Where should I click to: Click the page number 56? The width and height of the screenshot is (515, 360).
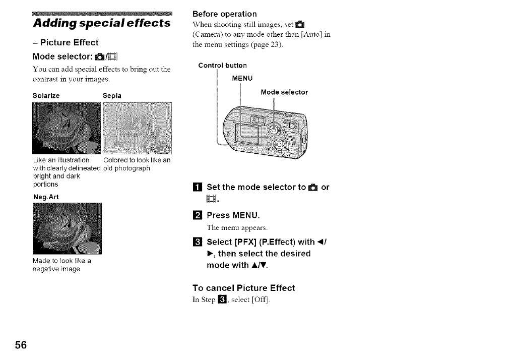tap(21, 345)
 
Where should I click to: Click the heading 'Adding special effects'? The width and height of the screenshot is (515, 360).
tap(101, 23)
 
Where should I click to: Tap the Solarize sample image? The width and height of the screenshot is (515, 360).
tap(66, 128)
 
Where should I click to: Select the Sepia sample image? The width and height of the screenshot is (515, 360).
tap(137, 128)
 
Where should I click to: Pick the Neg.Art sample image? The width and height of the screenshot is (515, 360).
tap(66, 228)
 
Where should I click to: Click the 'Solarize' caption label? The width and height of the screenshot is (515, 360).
tap(46, 95)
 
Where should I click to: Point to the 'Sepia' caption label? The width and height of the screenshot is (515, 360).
tap(111, 95)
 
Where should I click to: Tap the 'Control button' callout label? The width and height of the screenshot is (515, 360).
tap(223, 66)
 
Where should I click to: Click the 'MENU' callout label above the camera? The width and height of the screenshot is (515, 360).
tap(241, 78)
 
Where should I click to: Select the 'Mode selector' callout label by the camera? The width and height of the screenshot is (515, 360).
tap(284, 92)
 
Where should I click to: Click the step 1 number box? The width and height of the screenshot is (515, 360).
tap(198, 188)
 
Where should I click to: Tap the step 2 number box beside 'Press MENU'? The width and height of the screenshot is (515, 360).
tap(198, 216)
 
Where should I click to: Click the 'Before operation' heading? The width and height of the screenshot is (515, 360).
tap(225, 14)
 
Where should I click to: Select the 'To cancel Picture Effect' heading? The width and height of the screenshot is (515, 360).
tap(244, 288)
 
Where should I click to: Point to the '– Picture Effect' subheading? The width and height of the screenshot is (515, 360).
tap(66, 42)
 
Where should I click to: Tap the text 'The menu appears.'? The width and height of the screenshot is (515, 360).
tap(233, 227)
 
